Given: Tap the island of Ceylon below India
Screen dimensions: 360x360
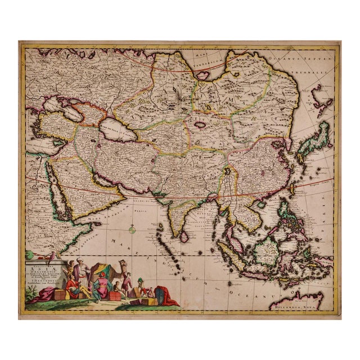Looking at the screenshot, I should [184, 237].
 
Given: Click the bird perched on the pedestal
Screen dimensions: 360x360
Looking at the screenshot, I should [52, 256].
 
